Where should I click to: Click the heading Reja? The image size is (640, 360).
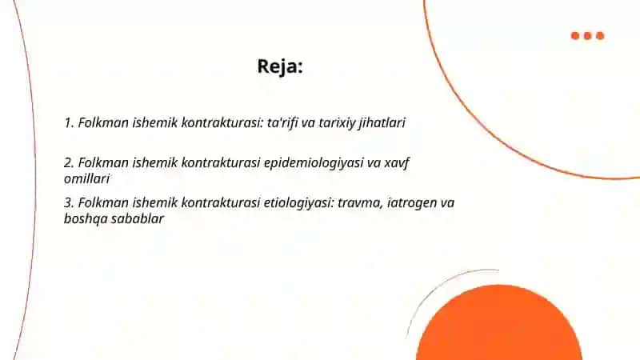click(280, 66)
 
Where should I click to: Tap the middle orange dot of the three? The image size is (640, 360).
click(588, 36)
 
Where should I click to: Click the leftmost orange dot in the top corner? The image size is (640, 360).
click(575, 36)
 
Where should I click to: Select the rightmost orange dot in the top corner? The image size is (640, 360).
click(600, 36)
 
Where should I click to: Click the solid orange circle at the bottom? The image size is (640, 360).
click(498, 325)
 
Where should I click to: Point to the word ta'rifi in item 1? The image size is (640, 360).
click(282, 122)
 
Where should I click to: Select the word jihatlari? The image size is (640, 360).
click(382, 123)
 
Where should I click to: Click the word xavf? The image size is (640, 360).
click(397, 163)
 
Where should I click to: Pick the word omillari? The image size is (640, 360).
click(87, 178)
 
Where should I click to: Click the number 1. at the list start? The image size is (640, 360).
click(69, 123)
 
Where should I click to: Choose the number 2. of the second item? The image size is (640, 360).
click(69, 163)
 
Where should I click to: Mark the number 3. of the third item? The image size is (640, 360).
click(69, 203)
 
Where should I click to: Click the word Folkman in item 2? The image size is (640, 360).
click(103, 163)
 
